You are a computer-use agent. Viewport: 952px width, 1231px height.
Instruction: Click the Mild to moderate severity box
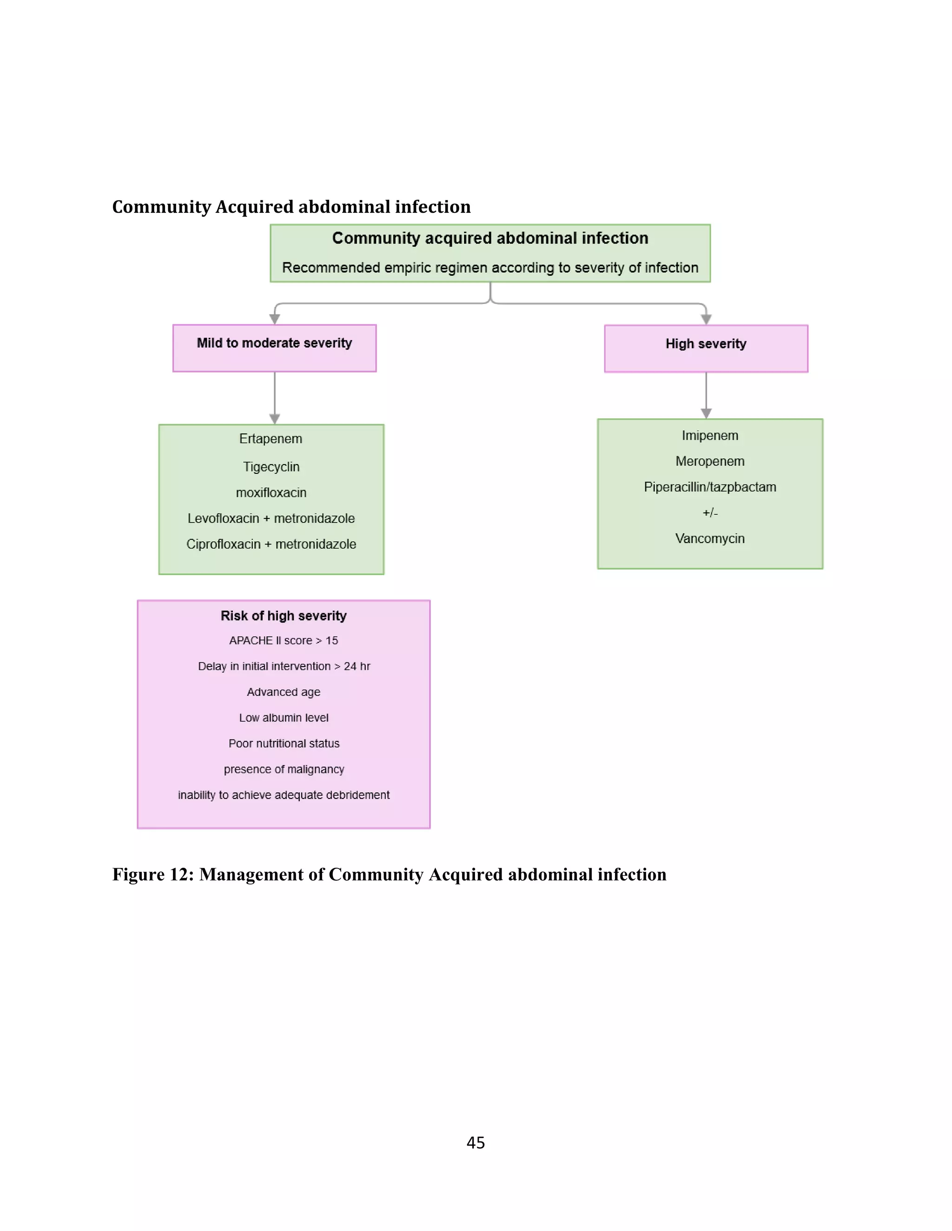click(274, 348)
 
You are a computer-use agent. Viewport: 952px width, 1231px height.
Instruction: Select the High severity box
click(706, 348)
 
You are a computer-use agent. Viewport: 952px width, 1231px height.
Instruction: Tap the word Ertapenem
click(271, 439)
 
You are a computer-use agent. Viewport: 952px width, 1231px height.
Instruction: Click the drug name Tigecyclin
click(271, 467)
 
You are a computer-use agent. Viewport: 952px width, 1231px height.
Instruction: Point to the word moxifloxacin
click(271, 492)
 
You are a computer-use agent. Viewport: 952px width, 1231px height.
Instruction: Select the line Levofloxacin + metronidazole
click(271, 518)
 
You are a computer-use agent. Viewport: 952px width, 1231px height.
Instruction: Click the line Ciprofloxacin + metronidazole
click(271, 544)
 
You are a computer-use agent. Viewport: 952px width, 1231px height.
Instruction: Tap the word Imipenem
click(709, 436)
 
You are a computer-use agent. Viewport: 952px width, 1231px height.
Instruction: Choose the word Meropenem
click(709, 461)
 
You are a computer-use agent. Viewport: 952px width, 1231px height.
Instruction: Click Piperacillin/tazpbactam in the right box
click(709, 487)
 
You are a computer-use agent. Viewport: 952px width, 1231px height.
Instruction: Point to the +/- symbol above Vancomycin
click(709, 513)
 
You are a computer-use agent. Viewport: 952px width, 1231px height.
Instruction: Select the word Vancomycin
click(709, 538)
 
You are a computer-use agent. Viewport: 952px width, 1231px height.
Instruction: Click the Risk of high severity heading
click(283, 615)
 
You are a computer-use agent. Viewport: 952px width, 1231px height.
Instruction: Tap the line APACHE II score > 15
click(283, 640)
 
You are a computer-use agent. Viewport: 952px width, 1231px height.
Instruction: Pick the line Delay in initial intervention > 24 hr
click(284, 666)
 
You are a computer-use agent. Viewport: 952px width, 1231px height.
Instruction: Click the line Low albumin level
click(283, 718)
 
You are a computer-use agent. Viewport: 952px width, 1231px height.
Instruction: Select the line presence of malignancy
click(284, 769)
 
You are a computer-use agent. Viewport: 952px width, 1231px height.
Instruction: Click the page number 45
click(476, 1143)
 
